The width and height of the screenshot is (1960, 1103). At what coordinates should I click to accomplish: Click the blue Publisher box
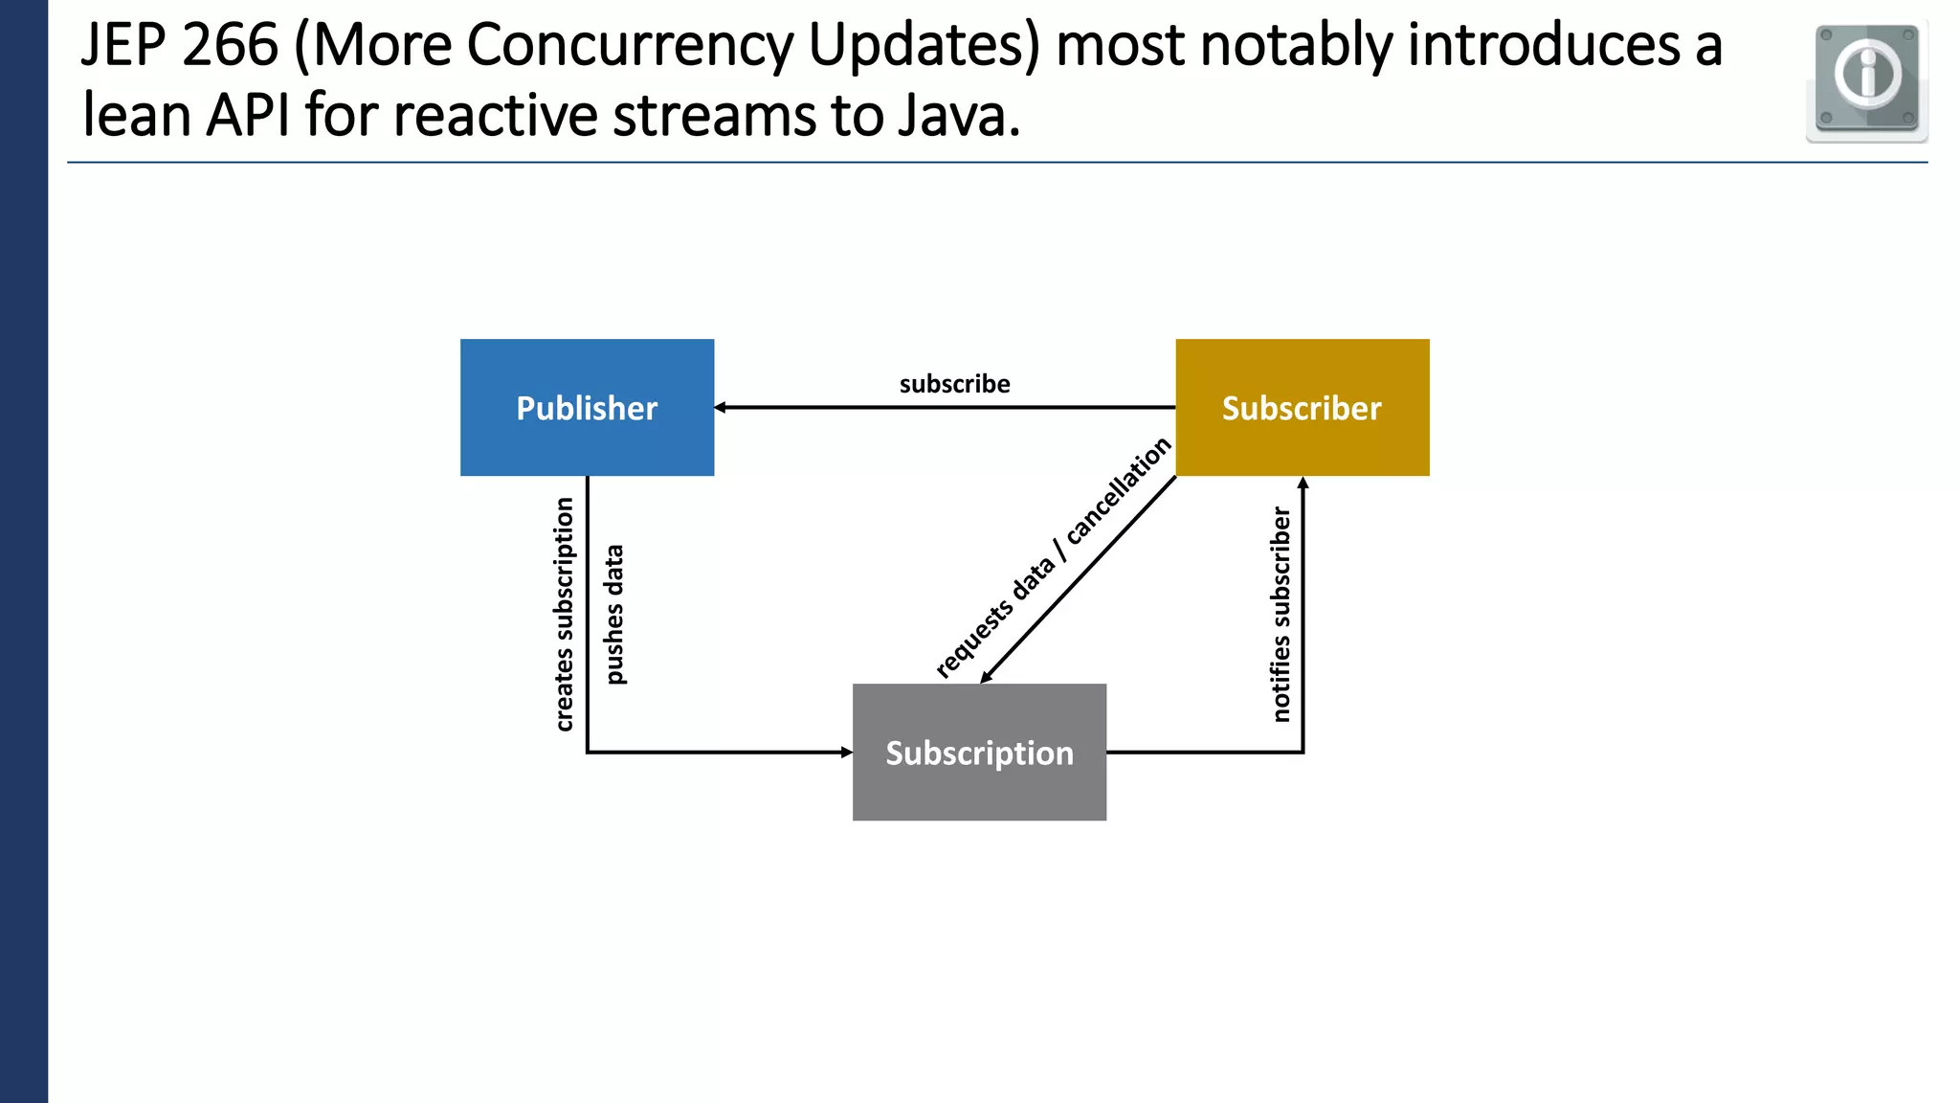click(587, 407)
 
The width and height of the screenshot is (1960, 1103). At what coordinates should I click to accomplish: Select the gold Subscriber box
click(1302, 407)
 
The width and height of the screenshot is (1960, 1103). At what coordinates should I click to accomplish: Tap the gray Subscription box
click(979, 752)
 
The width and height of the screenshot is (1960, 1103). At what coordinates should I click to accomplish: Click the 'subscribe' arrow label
click(954, 384)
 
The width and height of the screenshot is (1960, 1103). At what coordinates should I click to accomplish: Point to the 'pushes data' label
click(614, 615)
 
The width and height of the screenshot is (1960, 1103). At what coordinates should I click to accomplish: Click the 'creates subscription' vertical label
click(564, 615)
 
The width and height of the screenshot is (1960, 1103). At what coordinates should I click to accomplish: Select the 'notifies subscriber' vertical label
click(1281, 615)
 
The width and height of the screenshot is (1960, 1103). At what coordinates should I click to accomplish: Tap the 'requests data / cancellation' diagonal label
click(1053, 557)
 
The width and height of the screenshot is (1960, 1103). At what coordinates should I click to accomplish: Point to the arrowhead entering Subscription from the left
click(846, 753)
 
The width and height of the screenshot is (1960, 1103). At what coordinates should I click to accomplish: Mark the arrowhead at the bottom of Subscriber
click(1303, 483)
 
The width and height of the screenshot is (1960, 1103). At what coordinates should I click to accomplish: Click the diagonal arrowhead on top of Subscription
click(986, 677)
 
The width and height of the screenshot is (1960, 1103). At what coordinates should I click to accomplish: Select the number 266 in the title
click(230, 45)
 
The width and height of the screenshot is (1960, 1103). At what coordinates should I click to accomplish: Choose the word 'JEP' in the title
click(122, 45)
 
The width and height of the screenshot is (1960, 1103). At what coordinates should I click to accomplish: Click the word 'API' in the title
click(248, 115)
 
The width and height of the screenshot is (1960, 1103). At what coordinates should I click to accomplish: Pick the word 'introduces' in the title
click(1544, 45)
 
